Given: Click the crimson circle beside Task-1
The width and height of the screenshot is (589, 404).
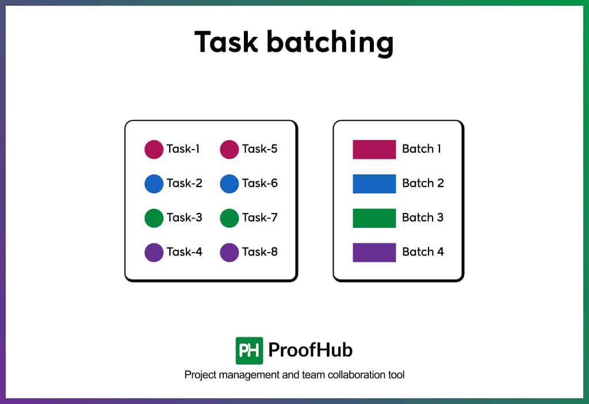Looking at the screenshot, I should pos(154,149).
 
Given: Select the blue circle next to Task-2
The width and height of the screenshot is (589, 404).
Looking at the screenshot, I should pos(154,184).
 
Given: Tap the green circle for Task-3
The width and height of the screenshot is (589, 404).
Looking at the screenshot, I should pos(154,218).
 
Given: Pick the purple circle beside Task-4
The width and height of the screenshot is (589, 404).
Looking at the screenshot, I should pos(154,252).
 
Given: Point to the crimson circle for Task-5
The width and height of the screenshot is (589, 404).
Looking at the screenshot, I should pos(230,149).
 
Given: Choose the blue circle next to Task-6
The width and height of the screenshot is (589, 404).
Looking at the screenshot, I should pos(230,184).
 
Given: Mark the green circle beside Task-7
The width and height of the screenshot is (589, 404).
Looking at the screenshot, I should pos(230,218).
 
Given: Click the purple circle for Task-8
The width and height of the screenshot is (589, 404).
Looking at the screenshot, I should pos(230,252).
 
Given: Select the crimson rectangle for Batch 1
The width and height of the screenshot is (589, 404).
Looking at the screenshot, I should pos(374,149).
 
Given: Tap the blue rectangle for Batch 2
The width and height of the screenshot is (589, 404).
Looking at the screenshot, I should pos(374,184).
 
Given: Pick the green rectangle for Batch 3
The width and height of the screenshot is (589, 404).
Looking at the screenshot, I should pos(374,218).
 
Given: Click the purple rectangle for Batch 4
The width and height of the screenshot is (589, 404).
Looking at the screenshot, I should pos(374,252).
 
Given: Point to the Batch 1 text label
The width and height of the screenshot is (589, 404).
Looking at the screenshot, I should pos(422,149).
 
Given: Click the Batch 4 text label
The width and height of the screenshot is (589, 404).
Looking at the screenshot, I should pos(423,252).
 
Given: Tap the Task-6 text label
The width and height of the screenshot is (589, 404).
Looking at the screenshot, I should pos(260,184).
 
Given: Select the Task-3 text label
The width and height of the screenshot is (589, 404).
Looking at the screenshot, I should pos(185,218).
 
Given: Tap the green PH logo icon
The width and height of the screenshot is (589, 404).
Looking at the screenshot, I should pos(249,350).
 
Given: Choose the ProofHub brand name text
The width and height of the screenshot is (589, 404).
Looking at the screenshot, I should pos(311,350).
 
